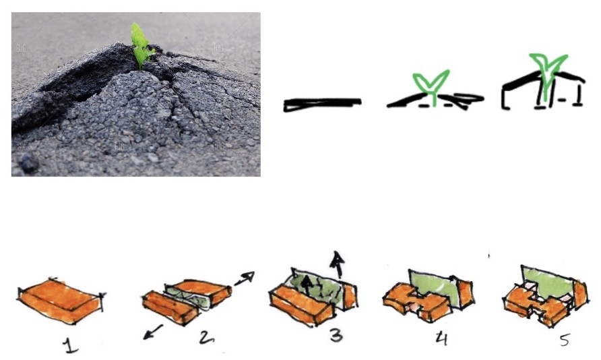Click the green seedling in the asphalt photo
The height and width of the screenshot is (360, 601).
(141, 45)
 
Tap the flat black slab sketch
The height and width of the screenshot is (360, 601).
(322, 104)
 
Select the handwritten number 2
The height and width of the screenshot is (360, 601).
(207, 337)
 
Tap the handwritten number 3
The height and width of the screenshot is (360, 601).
(336, 336)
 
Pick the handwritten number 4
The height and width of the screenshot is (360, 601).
(442, 338)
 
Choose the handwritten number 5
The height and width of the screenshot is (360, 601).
(565, 340)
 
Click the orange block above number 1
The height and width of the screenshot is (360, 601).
(61, 300)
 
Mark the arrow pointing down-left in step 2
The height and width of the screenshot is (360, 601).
(152, 332)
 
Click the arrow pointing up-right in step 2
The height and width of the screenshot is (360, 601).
(245, 278)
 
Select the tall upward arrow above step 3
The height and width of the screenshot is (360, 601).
(338, 264)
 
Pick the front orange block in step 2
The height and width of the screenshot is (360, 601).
(170, 307)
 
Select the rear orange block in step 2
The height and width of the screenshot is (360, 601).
(202, 291)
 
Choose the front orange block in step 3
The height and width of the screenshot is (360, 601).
(301, 305)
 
